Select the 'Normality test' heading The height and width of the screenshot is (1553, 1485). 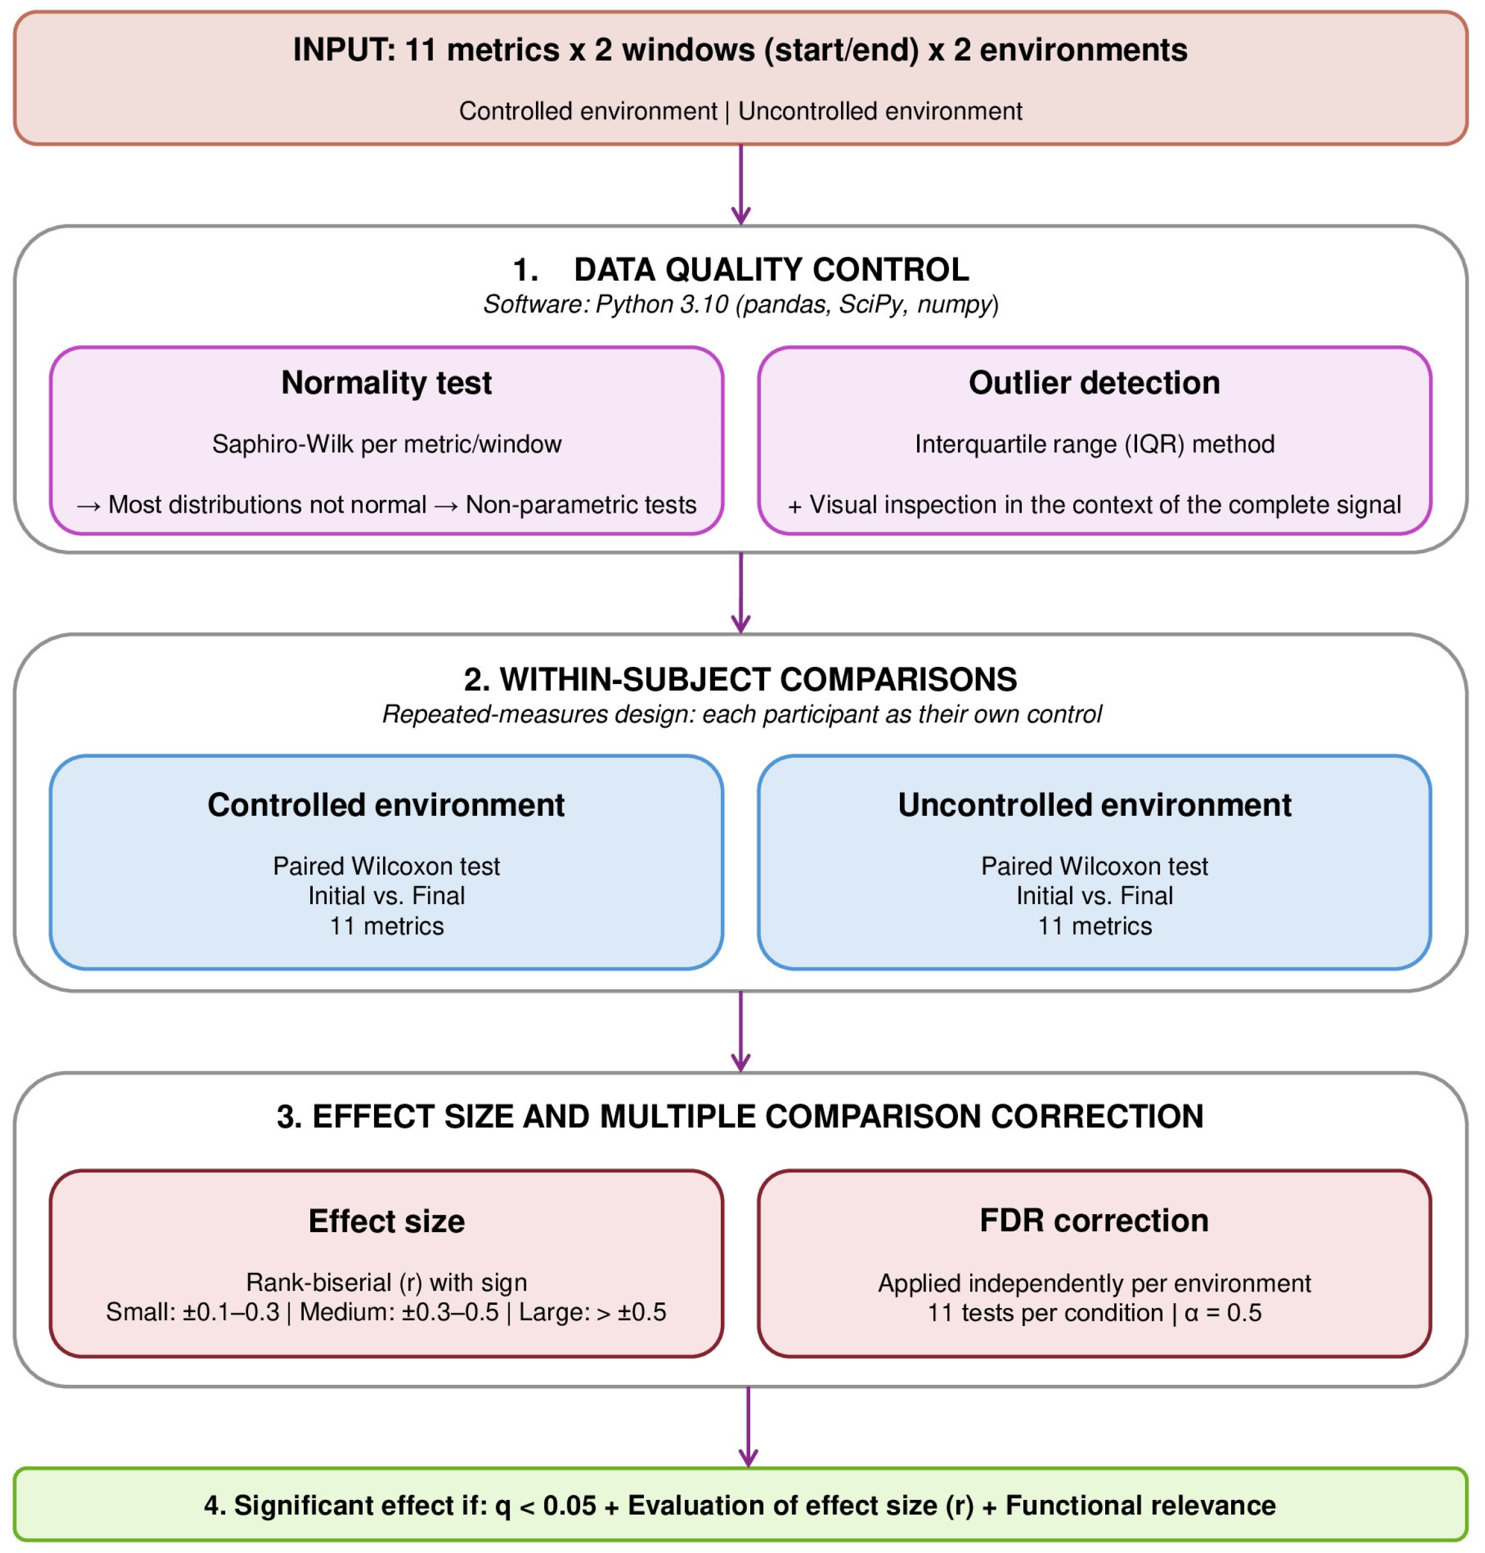pyautogui.click(x=386, y=383)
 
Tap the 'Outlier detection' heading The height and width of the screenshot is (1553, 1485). pyautogui.click(x=1094, y=383)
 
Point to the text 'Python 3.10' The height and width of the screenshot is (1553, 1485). pyautogui.click(x=661, y=305)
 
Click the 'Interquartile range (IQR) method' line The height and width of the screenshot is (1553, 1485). pyautogui.click(x=1094, y=444)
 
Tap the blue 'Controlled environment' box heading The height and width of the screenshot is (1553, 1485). pyautogui.click(x=386, y=805)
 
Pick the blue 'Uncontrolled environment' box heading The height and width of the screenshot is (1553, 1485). pyautogui.click(x=1094, y=805)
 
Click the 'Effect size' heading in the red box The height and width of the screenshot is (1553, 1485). pyautogui.click(x=386, y=1221)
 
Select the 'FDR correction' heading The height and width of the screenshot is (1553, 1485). pyautogui.click(x=1094, y=1221)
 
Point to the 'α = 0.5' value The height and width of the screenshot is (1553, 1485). pyautogui.click(x=1222, y=1313)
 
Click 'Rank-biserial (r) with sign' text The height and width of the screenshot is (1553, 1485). pyautogui.click(x=386, y=1283)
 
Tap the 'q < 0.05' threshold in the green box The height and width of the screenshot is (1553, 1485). pyautogui.click(x=546, y=1506)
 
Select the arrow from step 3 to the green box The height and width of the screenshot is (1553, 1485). pyautogui.click(x=748, y=1426)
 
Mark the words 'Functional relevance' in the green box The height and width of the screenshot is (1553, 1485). pyautogui.click(x=1140, y=1506)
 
